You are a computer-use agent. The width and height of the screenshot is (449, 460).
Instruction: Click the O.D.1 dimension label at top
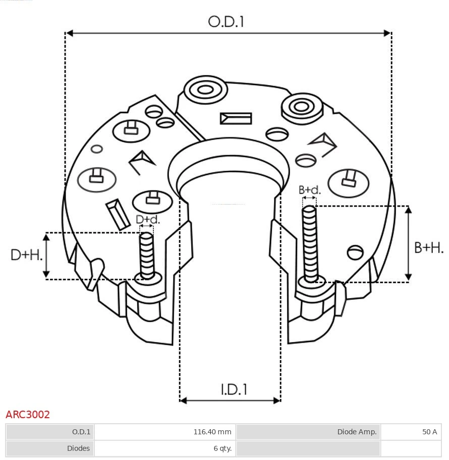226,22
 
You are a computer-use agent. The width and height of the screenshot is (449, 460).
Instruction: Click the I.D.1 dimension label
234,389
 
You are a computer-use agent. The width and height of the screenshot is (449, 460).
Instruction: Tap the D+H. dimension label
27,255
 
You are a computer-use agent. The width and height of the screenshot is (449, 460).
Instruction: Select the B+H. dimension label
428,247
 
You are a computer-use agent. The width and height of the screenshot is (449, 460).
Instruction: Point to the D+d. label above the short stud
148,220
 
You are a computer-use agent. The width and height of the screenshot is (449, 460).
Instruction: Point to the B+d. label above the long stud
309,190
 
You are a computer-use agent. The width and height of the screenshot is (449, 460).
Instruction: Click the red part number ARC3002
28,415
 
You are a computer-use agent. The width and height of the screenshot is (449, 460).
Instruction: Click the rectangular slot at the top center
236,118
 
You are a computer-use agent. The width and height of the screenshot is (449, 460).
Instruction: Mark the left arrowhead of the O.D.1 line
70,33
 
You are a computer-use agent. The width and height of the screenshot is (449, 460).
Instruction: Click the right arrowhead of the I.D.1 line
276,401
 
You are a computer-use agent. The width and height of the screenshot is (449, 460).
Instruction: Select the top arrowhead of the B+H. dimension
409,210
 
